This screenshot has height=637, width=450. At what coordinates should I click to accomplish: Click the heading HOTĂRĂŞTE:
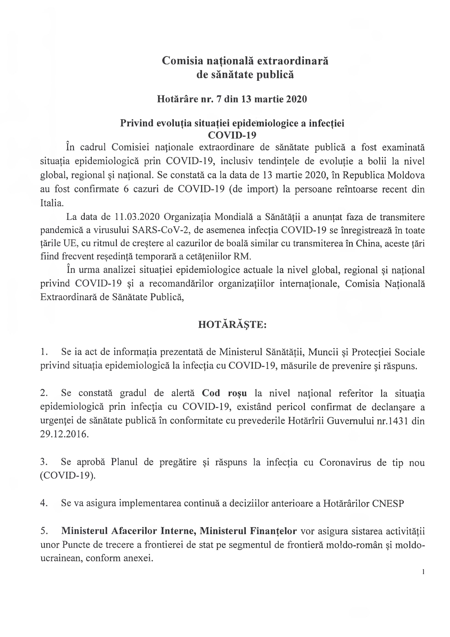(x=232, y=325)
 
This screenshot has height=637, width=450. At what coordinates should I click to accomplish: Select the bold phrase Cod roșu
(x=224, y=393)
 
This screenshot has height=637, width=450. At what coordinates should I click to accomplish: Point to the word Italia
(x=52, y=203)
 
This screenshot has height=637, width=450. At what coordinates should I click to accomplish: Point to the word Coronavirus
(x=345, y=462)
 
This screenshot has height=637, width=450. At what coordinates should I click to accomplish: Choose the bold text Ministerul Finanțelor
(x=248, y=531)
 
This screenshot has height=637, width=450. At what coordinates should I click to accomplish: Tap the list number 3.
(x=43, y=462)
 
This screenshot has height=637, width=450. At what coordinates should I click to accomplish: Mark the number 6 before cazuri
(x=126, y=190)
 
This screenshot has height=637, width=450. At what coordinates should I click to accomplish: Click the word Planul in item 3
(x=124, y=462)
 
